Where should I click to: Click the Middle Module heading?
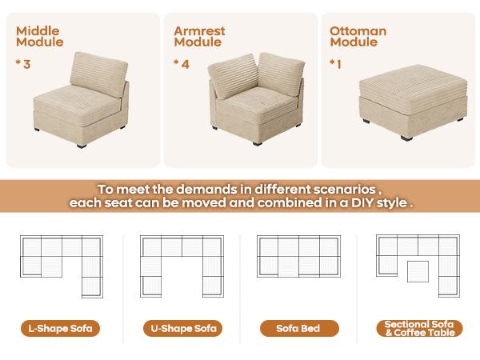[38, 37]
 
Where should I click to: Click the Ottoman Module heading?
[358, 37]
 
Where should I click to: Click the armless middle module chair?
[90, 100]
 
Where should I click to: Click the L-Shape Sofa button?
[60, 328]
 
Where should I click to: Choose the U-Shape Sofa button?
[181, 328]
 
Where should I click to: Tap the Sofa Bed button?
[299, 328]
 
